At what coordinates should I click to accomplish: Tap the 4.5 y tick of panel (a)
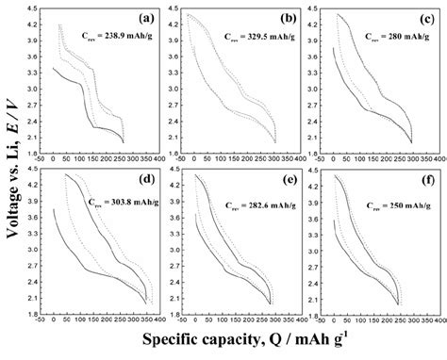pos(34,8)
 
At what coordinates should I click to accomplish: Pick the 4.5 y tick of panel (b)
pos(171,8)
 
